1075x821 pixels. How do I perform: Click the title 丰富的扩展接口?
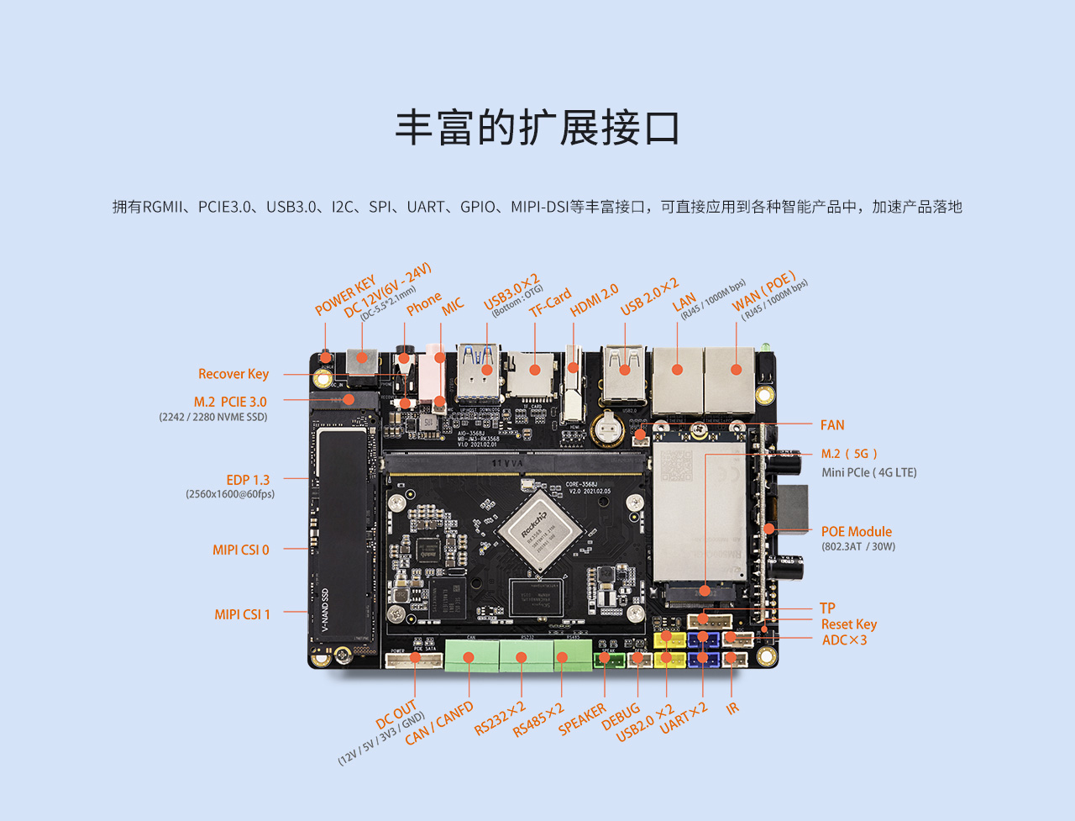(x=537, y=129)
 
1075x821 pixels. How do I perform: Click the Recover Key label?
(x=233, y=374)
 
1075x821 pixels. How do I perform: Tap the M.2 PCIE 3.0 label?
(x=230, y=402)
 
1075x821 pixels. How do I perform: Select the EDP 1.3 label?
(x=248, y=480)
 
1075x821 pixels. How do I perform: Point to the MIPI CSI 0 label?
(x=241, y=550)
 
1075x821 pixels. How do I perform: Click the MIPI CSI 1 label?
(x=242, y=614)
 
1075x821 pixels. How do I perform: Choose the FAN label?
(x=832, y=425)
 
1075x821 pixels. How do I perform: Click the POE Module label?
(x=856, y=531)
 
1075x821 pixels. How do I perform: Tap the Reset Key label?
(x=848, y=624)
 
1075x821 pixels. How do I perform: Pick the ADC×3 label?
(x=844, y=640)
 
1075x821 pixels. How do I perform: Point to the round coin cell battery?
(x=607, y=429)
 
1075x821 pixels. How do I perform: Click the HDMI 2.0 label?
(x=595, y=300)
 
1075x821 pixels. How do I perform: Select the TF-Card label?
(x=551, y=303)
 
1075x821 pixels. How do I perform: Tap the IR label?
(x=732, y=708)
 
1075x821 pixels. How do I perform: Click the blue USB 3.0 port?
(x=480, y=370)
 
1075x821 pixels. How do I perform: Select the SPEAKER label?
(x=582, y=719)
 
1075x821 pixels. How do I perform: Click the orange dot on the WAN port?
(x=736, y=370)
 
